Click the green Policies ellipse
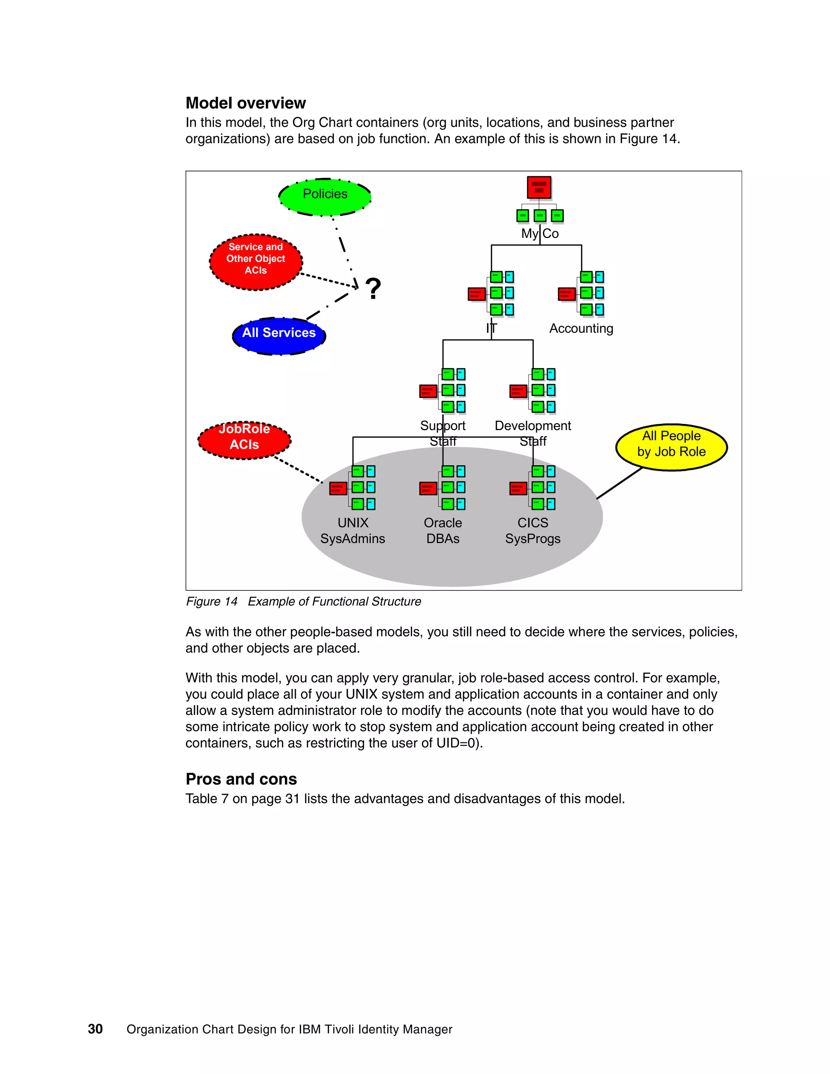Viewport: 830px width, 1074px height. (325, 197)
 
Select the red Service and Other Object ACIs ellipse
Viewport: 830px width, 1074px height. (256, 262)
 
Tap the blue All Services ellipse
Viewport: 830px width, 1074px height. (279, 336)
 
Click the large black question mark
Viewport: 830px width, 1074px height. (373, 289)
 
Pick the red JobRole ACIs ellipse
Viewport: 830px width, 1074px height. (244, 440)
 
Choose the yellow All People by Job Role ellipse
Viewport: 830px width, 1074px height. (671, 447)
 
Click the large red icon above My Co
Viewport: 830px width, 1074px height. (539, 187)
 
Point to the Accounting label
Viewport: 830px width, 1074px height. (581, 329)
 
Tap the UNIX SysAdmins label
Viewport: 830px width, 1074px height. (353, 531)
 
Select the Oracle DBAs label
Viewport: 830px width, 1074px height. (443, 531)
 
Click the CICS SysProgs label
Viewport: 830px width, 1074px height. (533, 531)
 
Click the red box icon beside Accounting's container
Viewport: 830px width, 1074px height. (567, 294)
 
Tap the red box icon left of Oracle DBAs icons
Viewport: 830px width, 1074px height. (428, 488)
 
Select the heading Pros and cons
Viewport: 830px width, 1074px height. (241, 779)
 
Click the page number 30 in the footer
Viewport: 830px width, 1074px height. (95, 1029)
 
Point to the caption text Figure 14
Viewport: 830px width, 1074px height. (212, 601)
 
